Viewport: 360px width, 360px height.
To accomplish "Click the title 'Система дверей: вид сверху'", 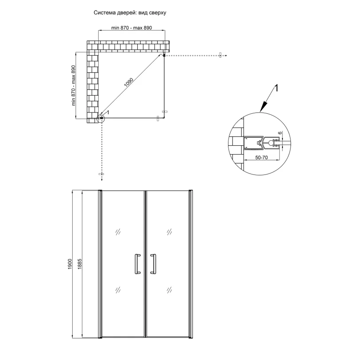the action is tap(130, 13).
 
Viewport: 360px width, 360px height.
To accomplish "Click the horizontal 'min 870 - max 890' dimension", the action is tap(132, 28).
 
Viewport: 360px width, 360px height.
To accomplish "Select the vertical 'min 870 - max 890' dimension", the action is tap(73, 85).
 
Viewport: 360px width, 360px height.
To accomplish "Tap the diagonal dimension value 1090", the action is tap(128, 83).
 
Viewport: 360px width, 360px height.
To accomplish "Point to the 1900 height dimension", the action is tap(70, 264).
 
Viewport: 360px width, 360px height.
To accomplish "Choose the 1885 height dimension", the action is tap(79, 264).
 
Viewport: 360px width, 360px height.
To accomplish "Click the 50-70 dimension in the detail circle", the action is tap(262, 158).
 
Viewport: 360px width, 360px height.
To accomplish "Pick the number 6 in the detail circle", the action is tap(280, 133).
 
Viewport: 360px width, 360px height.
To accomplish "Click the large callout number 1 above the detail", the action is tap(277, 88).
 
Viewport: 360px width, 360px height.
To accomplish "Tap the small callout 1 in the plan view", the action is tap(108, 112).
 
